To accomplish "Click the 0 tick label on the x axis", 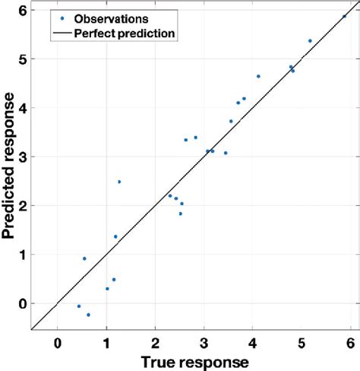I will point(58,341).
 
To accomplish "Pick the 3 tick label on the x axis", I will point(205,341).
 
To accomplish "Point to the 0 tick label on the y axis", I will point(23,303).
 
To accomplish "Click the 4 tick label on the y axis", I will point(23,108).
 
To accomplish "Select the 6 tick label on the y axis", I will point(23,11).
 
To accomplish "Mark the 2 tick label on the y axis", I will point(23,206).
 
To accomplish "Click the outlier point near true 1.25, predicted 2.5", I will point(119,182).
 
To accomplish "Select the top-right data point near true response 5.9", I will point(344,16).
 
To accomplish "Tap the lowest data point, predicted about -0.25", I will point(88,315).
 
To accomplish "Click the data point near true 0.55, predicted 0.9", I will point(84,258).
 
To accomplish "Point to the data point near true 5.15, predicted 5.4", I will point(310,40).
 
